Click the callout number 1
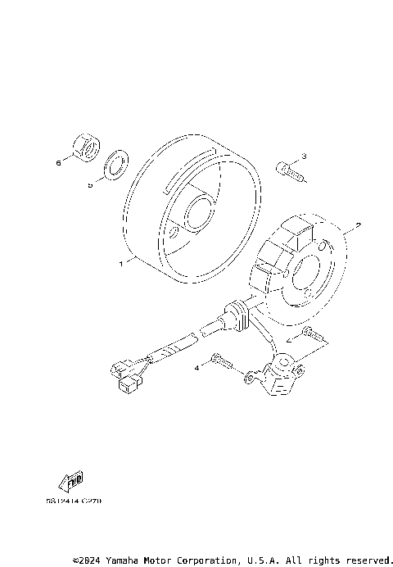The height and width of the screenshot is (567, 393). click(120, 264)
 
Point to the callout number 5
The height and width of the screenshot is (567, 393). click(90, 185)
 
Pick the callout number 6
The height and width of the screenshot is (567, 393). click(58, 163)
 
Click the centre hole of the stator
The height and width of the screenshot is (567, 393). click(308, 276)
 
